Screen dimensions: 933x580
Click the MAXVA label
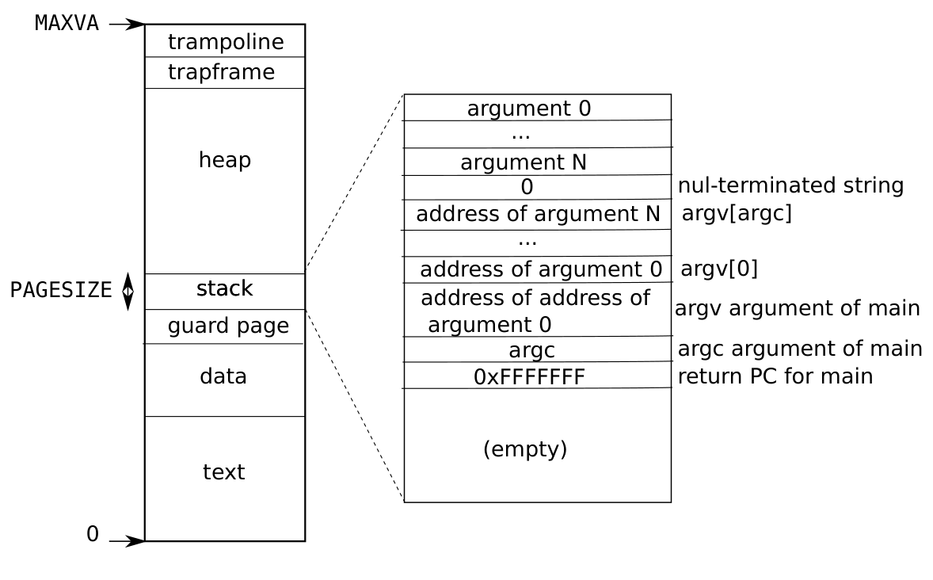coord(67,23)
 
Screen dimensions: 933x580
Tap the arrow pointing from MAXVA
coord(127,25)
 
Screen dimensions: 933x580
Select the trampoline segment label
coord(226,42)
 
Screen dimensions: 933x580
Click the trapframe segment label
coord(221,72)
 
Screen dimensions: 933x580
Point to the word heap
coord(225,159)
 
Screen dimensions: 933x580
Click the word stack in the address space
coord(225,288)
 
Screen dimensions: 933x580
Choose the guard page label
coord(228,326)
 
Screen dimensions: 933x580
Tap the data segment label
coord(223,376)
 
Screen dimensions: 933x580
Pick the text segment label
coord(223,471)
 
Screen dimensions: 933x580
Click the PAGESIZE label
coord(61,290)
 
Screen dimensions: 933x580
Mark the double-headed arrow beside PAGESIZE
coord(128,292)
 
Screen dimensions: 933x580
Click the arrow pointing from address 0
coord(127,541)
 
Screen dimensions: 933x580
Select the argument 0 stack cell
coord(538,108)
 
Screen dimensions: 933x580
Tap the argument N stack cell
coord(538,162)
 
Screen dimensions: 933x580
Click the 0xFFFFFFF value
coord(530,377)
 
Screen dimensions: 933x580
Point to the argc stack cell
coord(538,349)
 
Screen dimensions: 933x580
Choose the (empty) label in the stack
coord(525,448)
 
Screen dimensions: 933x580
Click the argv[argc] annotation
coord(737,213)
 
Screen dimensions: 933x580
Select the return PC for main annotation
coord(775,376)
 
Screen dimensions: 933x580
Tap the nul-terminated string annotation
coord(790,185)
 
